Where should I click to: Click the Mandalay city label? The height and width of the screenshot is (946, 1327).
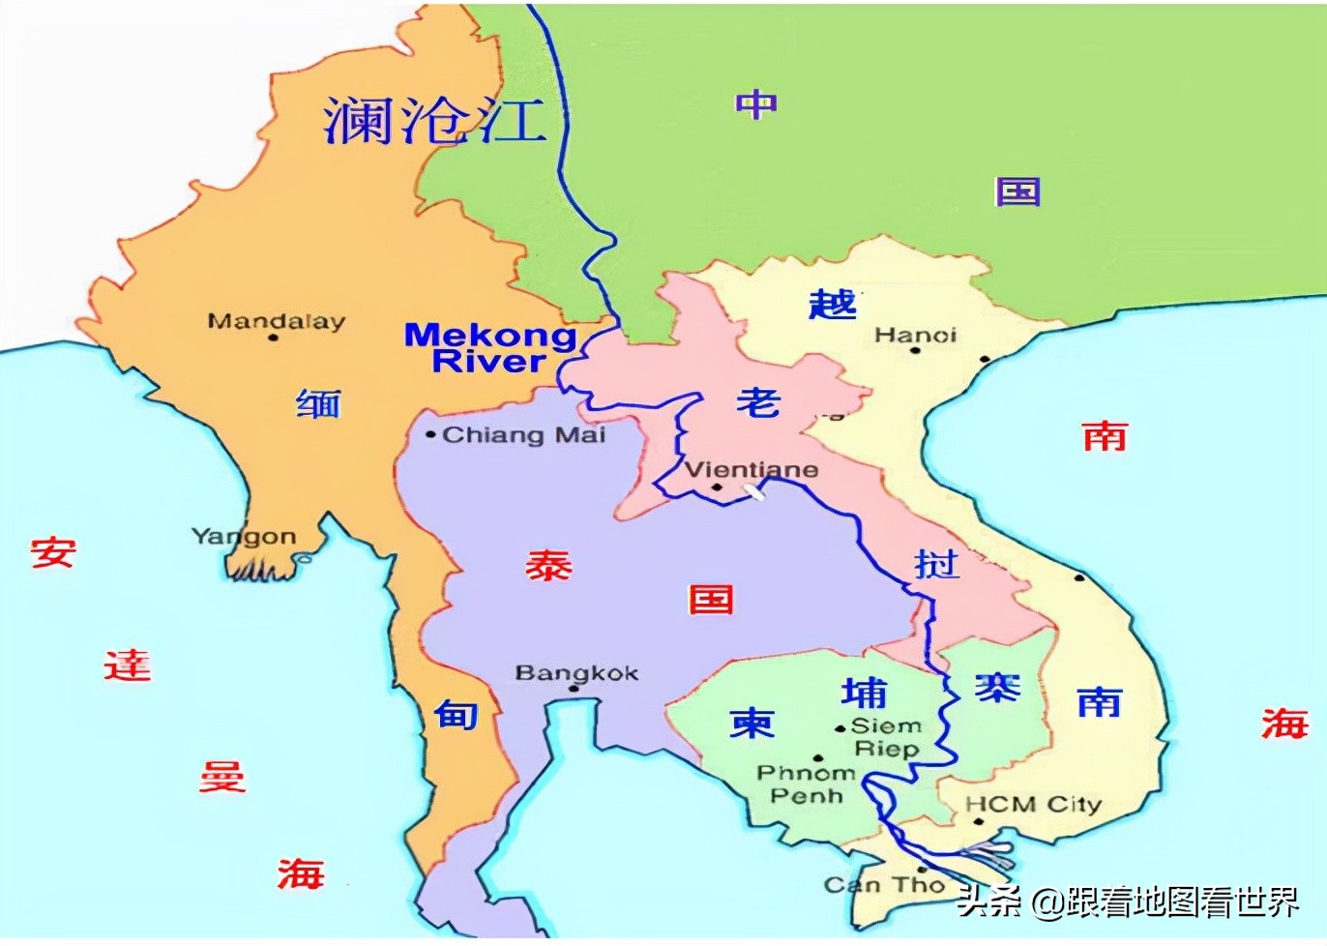click(276, 320)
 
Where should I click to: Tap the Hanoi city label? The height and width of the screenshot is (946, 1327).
click(915, 335)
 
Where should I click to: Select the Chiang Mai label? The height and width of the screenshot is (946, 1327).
click(523, 435)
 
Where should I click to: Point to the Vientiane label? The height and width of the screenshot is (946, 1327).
click(751, 470)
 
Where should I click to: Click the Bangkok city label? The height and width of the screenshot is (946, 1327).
click(576, 672)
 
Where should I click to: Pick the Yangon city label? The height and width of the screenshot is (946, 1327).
click(244, 536)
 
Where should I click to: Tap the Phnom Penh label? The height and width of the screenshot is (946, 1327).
click(806, 784)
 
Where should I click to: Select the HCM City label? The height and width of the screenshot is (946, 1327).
click(1033, 804)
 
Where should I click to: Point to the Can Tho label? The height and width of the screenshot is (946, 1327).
click(884, 884)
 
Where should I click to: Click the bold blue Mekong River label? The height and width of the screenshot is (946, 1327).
click(489, 348)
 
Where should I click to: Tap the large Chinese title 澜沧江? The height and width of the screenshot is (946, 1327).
click(433, 121)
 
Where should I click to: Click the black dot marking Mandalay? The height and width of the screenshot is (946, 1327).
click(273, 338)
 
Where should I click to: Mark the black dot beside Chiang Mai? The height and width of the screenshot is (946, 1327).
click(430, 435)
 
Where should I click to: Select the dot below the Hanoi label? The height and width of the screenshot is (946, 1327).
click(915, 350)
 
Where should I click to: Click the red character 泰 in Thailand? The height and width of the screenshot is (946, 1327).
click(548, 565)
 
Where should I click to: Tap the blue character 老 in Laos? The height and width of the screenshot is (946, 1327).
click(757, 401)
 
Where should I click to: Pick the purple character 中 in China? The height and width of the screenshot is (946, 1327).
click(755, 103)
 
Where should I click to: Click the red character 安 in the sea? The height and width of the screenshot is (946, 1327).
click(52, 553)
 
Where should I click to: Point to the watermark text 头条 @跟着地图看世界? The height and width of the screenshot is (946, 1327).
click(1128, 902)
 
